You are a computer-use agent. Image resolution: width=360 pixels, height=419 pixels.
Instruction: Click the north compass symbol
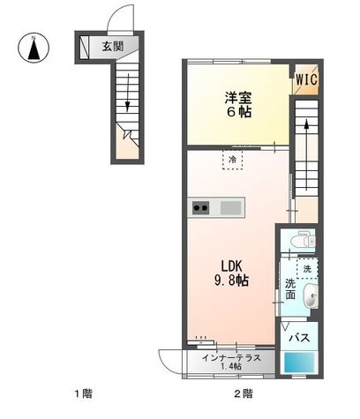34,48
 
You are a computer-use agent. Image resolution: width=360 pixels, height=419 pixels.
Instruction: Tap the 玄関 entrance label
113,47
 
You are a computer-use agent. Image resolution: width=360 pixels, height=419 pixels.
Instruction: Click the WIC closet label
306,79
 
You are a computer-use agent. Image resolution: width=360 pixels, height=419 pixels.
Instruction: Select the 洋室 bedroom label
238,98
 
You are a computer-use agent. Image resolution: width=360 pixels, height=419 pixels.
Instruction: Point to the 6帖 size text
238,112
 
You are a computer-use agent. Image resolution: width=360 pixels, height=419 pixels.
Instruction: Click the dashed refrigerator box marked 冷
232,160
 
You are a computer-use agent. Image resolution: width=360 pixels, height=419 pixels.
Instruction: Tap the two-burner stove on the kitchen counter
201,208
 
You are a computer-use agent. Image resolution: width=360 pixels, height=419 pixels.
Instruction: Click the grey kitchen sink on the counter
231,208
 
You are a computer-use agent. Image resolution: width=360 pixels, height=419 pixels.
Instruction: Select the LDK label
231,266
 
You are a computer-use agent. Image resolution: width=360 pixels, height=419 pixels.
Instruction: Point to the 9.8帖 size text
231,281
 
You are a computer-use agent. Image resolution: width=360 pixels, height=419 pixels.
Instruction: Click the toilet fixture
303,240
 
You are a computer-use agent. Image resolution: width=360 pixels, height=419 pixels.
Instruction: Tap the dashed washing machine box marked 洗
307,268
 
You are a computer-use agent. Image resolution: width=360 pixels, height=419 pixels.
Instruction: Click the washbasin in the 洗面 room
310,296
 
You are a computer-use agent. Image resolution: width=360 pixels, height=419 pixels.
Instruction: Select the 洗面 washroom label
290,289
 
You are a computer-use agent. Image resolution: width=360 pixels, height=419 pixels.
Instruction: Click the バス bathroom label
299,338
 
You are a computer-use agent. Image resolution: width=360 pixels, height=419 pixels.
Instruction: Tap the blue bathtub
299,363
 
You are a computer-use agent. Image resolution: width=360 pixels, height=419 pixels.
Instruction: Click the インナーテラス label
231,358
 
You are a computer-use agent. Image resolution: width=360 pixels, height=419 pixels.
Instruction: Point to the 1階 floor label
83,393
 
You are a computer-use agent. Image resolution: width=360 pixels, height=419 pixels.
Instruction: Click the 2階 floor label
243,393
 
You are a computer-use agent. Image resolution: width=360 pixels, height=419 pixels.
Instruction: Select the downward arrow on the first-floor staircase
127,93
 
